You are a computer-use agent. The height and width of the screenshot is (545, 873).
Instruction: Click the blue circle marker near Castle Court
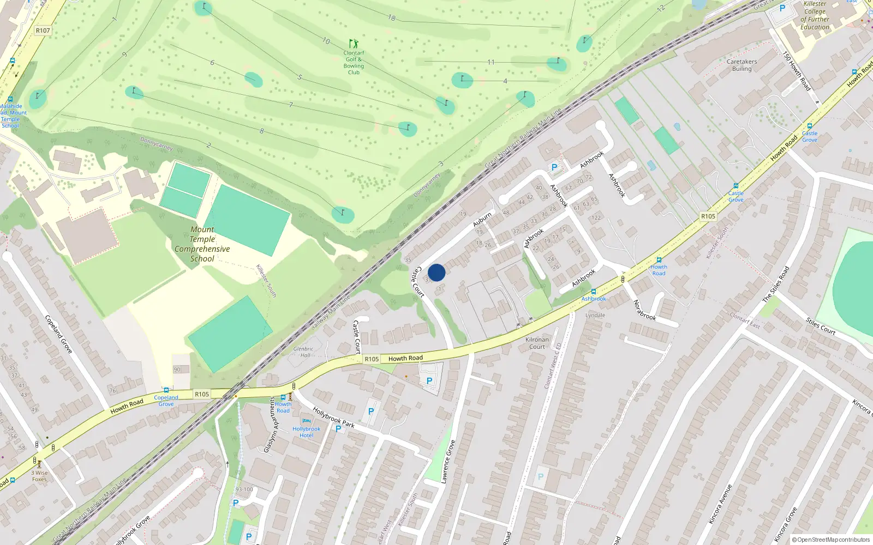[x=436, y=272]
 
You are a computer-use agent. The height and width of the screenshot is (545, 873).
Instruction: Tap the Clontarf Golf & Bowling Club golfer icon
[x=354, y=43]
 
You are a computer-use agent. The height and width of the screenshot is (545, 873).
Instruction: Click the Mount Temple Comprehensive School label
[x=202, y=244]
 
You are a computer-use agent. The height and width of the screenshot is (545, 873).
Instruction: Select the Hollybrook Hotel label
[x=306, y=432]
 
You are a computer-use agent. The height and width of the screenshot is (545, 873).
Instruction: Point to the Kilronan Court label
[x=537, y=343]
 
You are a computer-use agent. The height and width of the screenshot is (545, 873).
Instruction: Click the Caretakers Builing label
[x=742, y=65]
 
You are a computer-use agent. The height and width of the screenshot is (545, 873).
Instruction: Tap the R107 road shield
[x=43, y=31]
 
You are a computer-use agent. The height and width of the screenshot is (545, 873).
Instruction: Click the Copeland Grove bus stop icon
[x=166, y=390]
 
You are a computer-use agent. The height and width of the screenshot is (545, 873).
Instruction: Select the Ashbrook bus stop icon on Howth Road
[x=593, y=292]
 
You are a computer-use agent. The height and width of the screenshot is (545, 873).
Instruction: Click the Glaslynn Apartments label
[x=270, y=425]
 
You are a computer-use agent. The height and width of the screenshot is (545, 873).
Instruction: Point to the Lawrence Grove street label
[x=448, y=461]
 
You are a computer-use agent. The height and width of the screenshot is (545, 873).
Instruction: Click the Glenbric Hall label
[x=303, y=352]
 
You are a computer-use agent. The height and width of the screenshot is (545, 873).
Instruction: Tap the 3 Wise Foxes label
[x=39, y=476]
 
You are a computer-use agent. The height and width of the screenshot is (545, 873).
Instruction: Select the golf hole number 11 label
[x=491, y=62]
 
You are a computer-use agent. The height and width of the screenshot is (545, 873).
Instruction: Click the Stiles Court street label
[x=821, y=326]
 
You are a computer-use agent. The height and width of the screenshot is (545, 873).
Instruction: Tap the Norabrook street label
[x=644, y=310]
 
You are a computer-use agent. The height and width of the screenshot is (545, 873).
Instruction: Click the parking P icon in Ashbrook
[x=554, y=167]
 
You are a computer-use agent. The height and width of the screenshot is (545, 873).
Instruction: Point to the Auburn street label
[x=482, y=220]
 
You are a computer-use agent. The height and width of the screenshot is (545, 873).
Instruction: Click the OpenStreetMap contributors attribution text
[x=830, y=540]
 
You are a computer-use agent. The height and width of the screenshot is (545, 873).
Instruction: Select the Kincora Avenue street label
[x=720, y=504]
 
